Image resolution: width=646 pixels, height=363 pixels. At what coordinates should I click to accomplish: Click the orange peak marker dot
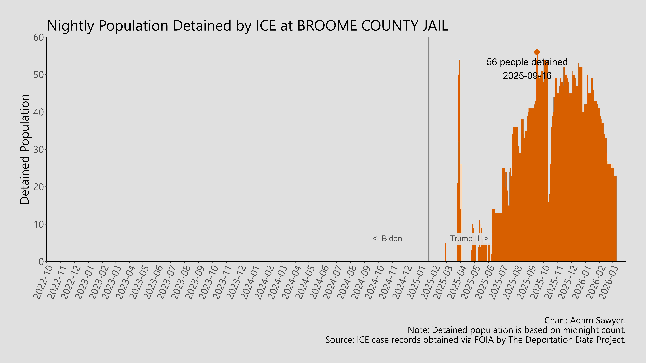point(537,52)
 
